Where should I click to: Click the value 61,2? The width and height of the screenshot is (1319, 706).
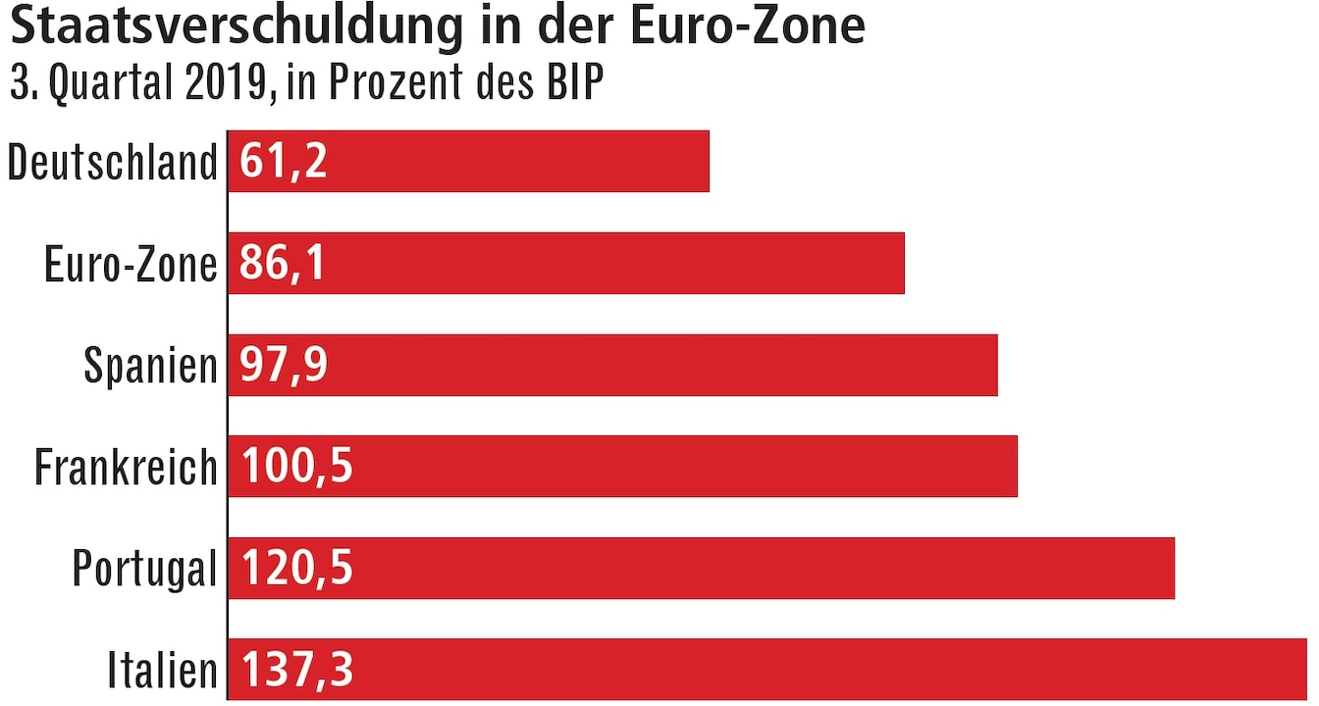pos(283,161)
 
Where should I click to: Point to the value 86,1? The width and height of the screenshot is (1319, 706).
pos(283,263)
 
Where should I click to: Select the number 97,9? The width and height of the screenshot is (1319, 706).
pos(285,365)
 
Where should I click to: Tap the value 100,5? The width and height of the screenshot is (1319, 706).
pos(296,467)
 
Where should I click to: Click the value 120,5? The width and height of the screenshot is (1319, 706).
pos(296,569)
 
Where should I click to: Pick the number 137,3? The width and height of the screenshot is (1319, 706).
pos(296,671)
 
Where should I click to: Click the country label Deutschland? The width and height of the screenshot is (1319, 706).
pos(112,162)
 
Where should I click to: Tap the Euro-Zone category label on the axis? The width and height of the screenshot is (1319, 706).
pos(131,264)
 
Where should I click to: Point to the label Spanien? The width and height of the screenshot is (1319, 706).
pos(150,366)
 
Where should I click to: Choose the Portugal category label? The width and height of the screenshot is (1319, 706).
pos(144,569)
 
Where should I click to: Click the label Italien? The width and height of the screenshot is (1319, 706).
pos(162,671)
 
